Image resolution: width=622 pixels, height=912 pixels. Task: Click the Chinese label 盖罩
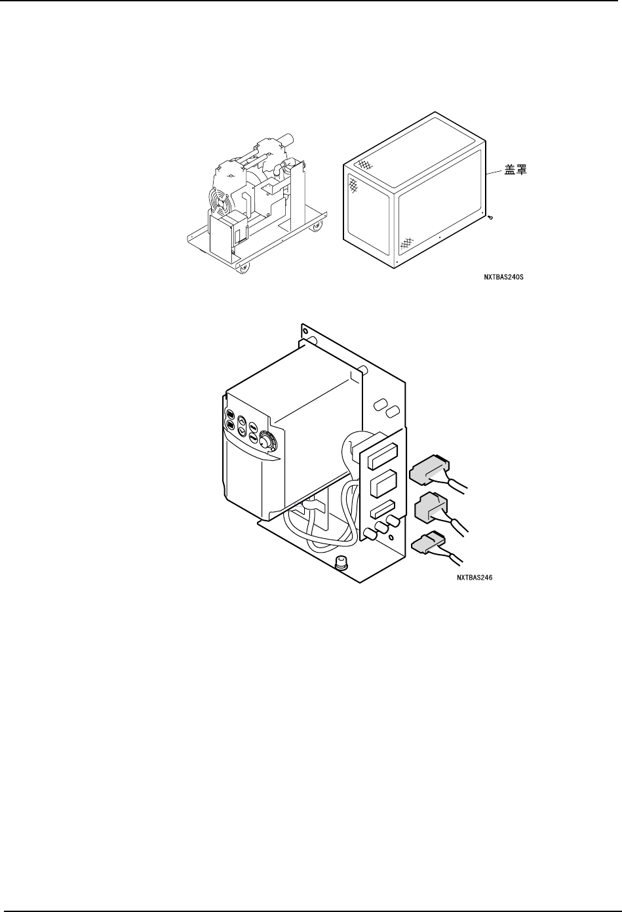[x=515, y=170]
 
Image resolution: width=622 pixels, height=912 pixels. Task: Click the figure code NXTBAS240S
[x=503, y=277]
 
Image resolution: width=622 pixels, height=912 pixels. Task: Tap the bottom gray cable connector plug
[x=426, y=544]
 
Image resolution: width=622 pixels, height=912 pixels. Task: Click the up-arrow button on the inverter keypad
[x=242, y=423]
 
